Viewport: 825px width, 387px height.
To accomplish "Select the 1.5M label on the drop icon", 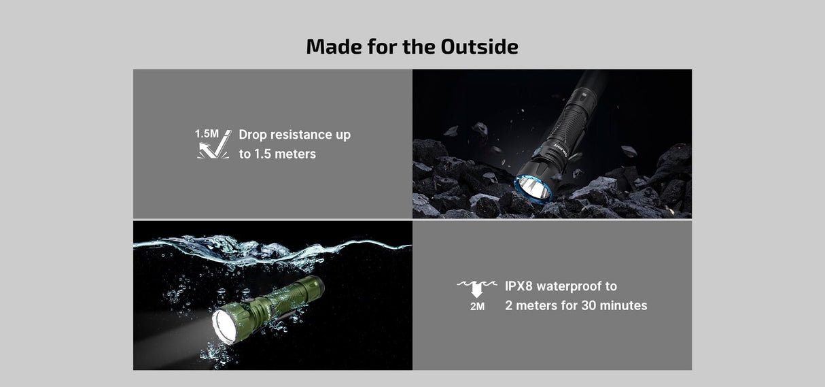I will coord(207,133).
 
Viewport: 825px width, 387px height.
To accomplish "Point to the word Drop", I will coord(256,135).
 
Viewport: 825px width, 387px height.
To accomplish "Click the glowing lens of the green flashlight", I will coord(225,322).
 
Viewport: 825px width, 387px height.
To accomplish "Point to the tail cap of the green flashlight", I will coord(317,286).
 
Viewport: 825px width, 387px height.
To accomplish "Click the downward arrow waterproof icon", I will coord(476,288).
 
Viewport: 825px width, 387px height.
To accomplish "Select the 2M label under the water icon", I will coord(477,307).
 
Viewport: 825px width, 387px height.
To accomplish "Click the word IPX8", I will coord(520,286).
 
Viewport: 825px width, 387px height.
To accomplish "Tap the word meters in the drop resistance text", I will coord(295,154).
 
